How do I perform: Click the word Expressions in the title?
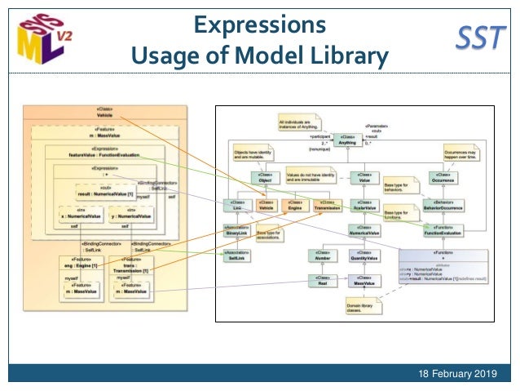259,24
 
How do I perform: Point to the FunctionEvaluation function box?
443,231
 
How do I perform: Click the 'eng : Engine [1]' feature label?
82,265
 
